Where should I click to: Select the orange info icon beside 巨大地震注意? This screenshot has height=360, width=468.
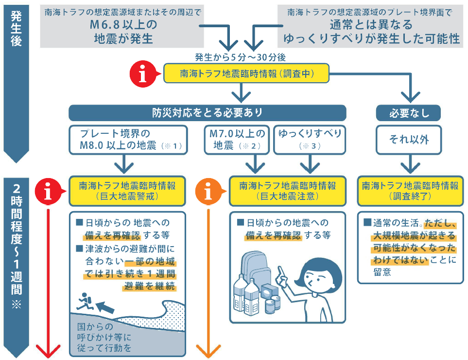pos(208,192)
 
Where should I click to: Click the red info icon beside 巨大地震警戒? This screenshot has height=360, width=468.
pos(49,192)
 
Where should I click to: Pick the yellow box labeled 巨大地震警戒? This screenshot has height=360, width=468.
pos(127,191)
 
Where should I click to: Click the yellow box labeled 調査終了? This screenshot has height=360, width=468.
pos(410,191)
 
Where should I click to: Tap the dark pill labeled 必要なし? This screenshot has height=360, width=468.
pos(409,113)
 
